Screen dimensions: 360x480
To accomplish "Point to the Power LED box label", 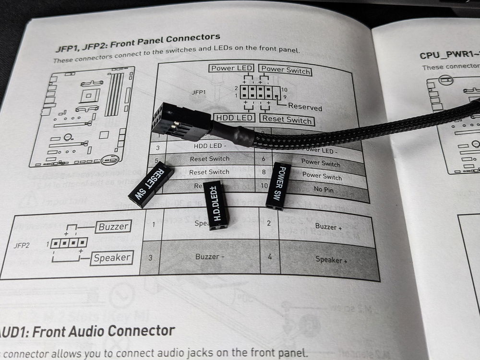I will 231,68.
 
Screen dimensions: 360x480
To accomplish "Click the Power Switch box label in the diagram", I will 285,70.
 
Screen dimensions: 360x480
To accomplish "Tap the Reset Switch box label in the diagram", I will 287,119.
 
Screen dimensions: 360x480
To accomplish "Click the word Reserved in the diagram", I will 305,107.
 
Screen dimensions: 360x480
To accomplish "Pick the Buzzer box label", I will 113,227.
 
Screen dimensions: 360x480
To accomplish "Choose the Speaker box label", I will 111,258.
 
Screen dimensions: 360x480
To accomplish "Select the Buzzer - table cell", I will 210,257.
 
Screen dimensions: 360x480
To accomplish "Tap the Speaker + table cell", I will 331,260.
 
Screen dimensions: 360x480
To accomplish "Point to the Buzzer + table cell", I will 328,227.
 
